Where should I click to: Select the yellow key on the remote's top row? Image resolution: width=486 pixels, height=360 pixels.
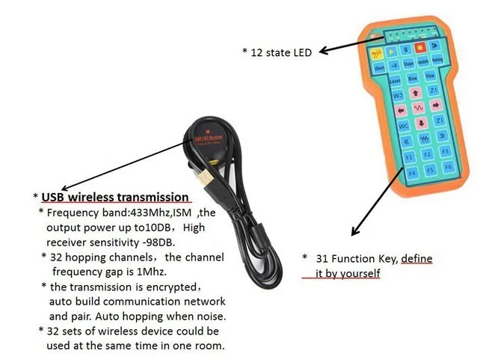coord(375,53)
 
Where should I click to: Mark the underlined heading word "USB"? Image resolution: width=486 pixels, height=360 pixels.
coord(57,197)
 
